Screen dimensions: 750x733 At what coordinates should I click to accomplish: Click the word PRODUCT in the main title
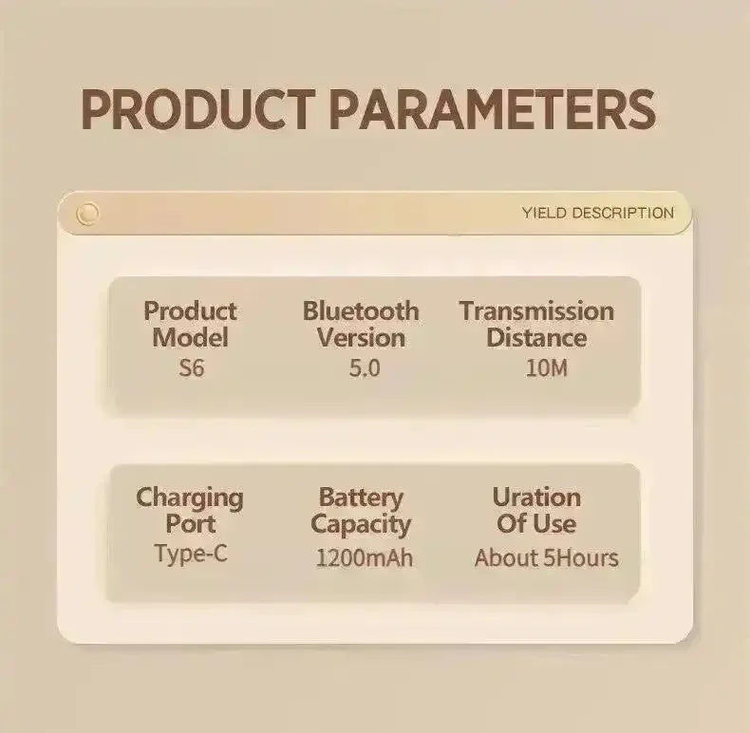(x=198, y=109)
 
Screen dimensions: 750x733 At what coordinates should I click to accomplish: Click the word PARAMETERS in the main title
(x=493, y=109)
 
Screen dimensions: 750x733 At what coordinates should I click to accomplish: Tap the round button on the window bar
(x=88, y=213)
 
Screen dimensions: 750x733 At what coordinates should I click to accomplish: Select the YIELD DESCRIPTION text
(x=598, y=213)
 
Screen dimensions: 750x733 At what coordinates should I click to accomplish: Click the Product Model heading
(x=191, y=325)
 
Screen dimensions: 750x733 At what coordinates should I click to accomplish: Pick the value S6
(x=192, y=368)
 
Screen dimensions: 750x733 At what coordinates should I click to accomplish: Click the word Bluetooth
(x=361, y=311)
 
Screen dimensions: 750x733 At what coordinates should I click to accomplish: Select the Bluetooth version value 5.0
(x=365, y=368)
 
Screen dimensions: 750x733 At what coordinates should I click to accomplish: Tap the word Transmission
(x=536, y=311)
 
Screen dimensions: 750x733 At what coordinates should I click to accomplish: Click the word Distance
(x=536, y=338)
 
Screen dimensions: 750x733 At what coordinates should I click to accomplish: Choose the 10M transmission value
(x=547, y=368)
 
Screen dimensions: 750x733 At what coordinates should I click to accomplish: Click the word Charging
(x=190, y=499)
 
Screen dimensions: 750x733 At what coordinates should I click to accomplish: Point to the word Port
(x=191, y=524)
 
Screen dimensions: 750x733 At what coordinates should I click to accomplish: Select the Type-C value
(x=191, y=554)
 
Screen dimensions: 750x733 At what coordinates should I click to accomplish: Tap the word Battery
(x=361, y=498)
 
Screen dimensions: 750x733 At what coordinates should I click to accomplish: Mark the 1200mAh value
(x=365, y=558)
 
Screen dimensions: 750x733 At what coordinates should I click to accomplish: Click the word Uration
(x=536, y=498)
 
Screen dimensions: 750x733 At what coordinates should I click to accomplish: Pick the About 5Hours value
(x=547, y=558)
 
